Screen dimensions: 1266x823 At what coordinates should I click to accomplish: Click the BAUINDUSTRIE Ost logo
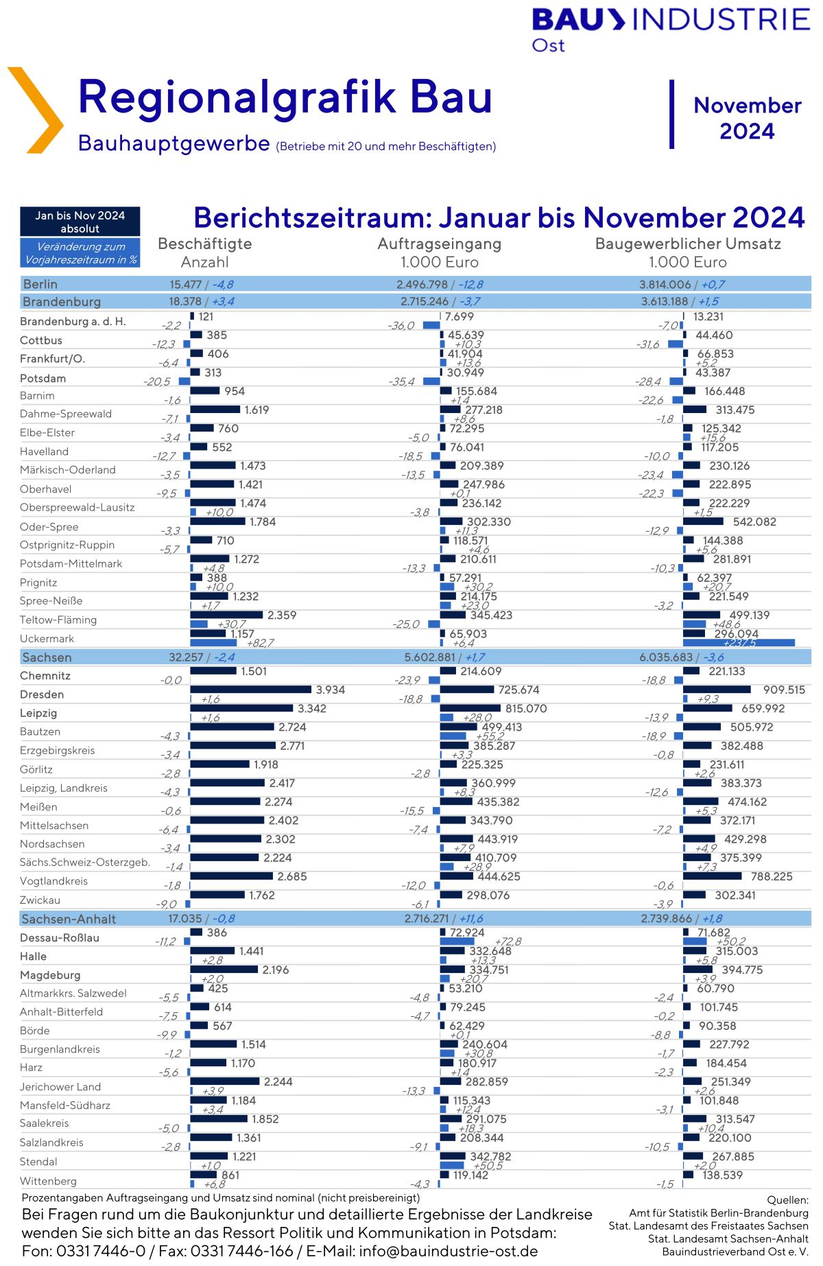(670, 29)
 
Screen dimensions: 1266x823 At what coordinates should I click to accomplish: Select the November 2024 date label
(747, 118)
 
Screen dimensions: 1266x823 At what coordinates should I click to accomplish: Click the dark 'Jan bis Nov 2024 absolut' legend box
(80, 222)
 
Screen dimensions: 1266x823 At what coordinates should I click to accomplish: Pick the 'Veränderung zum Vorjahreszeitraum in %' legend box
(80, 253)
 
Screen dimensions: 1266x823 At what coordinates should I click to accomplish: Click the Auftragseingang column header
(440, 244)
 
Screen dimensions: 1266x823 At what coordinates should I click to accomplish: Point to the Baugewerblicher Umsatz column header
(688, 244)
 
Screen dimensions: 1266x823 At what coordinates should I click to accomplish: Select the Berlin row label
(40, 284)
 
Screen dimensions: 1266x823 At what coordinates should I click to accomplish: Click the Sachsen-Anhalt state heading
(69, 919)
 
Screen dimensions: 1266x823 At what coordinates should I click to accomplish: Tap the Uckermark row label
(47, 638)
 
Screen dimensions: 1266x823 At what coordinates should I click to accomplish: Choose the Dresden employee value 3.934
(330, 690)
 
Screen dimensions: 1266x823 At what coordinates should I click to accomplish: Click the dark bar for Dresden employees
(250, 689)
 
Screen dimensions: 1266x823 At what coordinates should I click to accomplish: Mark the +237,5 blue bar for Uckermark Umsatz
(739, 643)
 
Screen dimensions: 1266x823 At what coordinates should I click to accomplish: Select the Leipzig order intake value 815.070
(526, 708)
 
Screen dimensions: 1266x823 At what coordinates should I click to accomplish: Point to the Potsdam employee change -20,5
(157, 382)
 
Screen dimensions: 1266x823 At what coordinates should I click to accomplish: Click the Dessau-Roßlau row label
(60, 937)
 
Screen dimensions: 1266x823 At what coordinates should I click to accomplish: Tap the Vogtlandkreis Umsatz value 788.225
(772, 876)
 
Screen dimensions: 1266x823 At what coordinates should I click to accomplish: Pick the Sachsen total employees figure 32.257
(186, 657)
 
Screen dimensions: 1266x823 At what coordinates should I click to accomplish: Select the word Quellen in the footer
(787, 1199)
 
